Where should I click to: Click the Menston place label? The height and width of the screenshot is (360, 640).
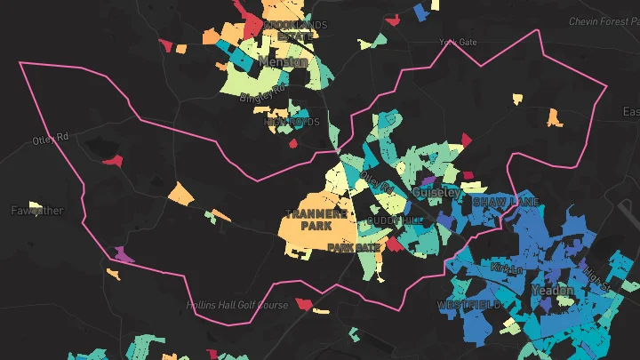click(283, 62)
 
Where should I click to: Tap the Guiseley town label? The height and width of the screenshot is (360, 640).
click(436, 192)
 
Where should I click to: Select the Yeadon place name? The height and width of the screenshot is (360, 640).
click(551, 291)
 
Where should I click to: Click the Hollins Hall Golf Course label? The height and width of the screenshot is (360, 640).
click(237, 305)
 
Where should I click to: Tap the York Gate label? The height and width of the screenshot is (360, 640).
click(458, 42)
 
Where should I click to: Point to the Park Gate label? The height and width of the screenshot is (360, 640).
click(353, 247)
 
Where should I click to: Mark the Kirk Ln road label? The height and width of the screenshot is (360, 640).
click(502, 268)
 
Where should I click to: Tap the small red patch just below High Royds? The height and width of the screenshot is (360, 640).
click(293, 142)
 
